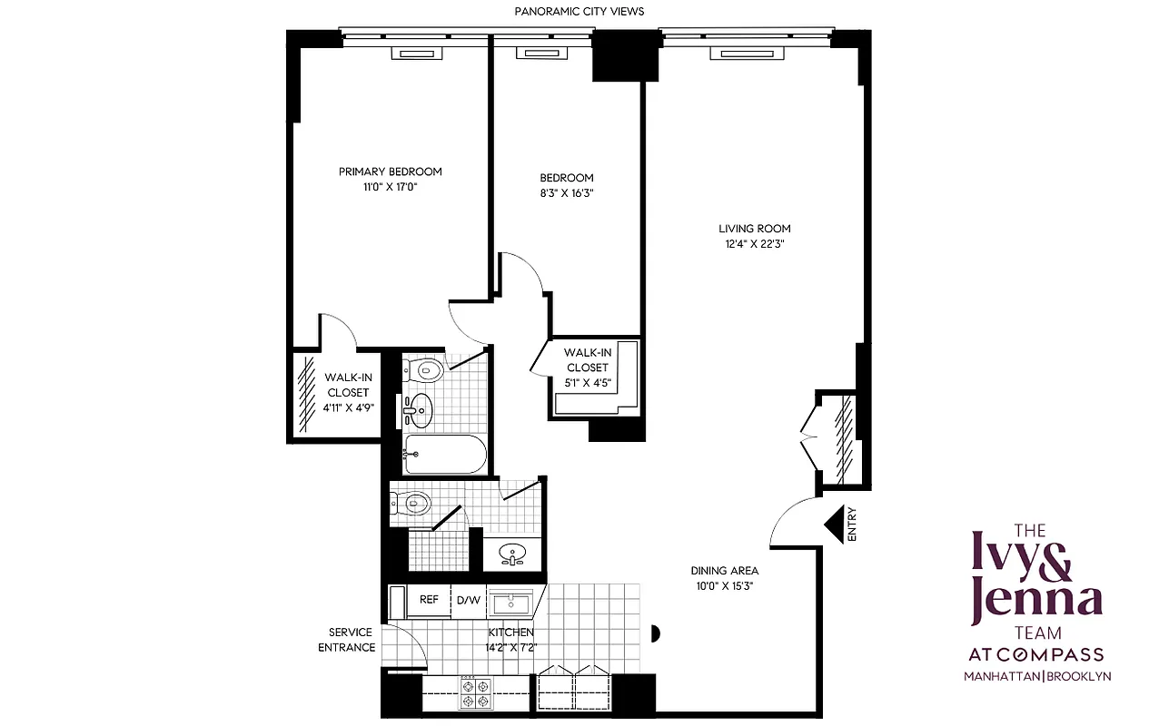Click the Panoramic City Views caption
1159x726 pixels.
[x=579, y=11]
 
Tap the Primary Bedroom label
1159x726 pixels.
[x=390, y=172]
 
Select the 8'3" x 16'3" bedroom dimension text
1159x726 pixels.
[x=566, y=193]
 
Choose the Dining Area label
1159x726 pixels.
[x=724, y=571]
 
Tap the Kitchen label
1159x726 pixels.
[x=510, y=633]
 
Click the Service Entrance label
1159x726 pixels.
[x=346, y=640]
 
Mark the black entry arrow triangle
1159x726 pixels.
[x=834, y=524]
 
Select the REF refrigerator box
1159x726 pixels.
[x=429, y=600]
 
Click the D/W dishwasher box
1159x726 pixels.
[x=469, y=600]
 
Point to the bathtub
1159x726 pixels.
[x=445, y=453]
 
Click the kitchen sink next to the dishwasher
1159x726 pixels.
[x=513, y=602]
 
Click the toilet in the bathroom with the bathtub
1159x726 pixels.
[x=423, y=370]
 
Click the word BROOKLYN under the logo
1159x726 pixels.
[x=1080, y=676]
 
